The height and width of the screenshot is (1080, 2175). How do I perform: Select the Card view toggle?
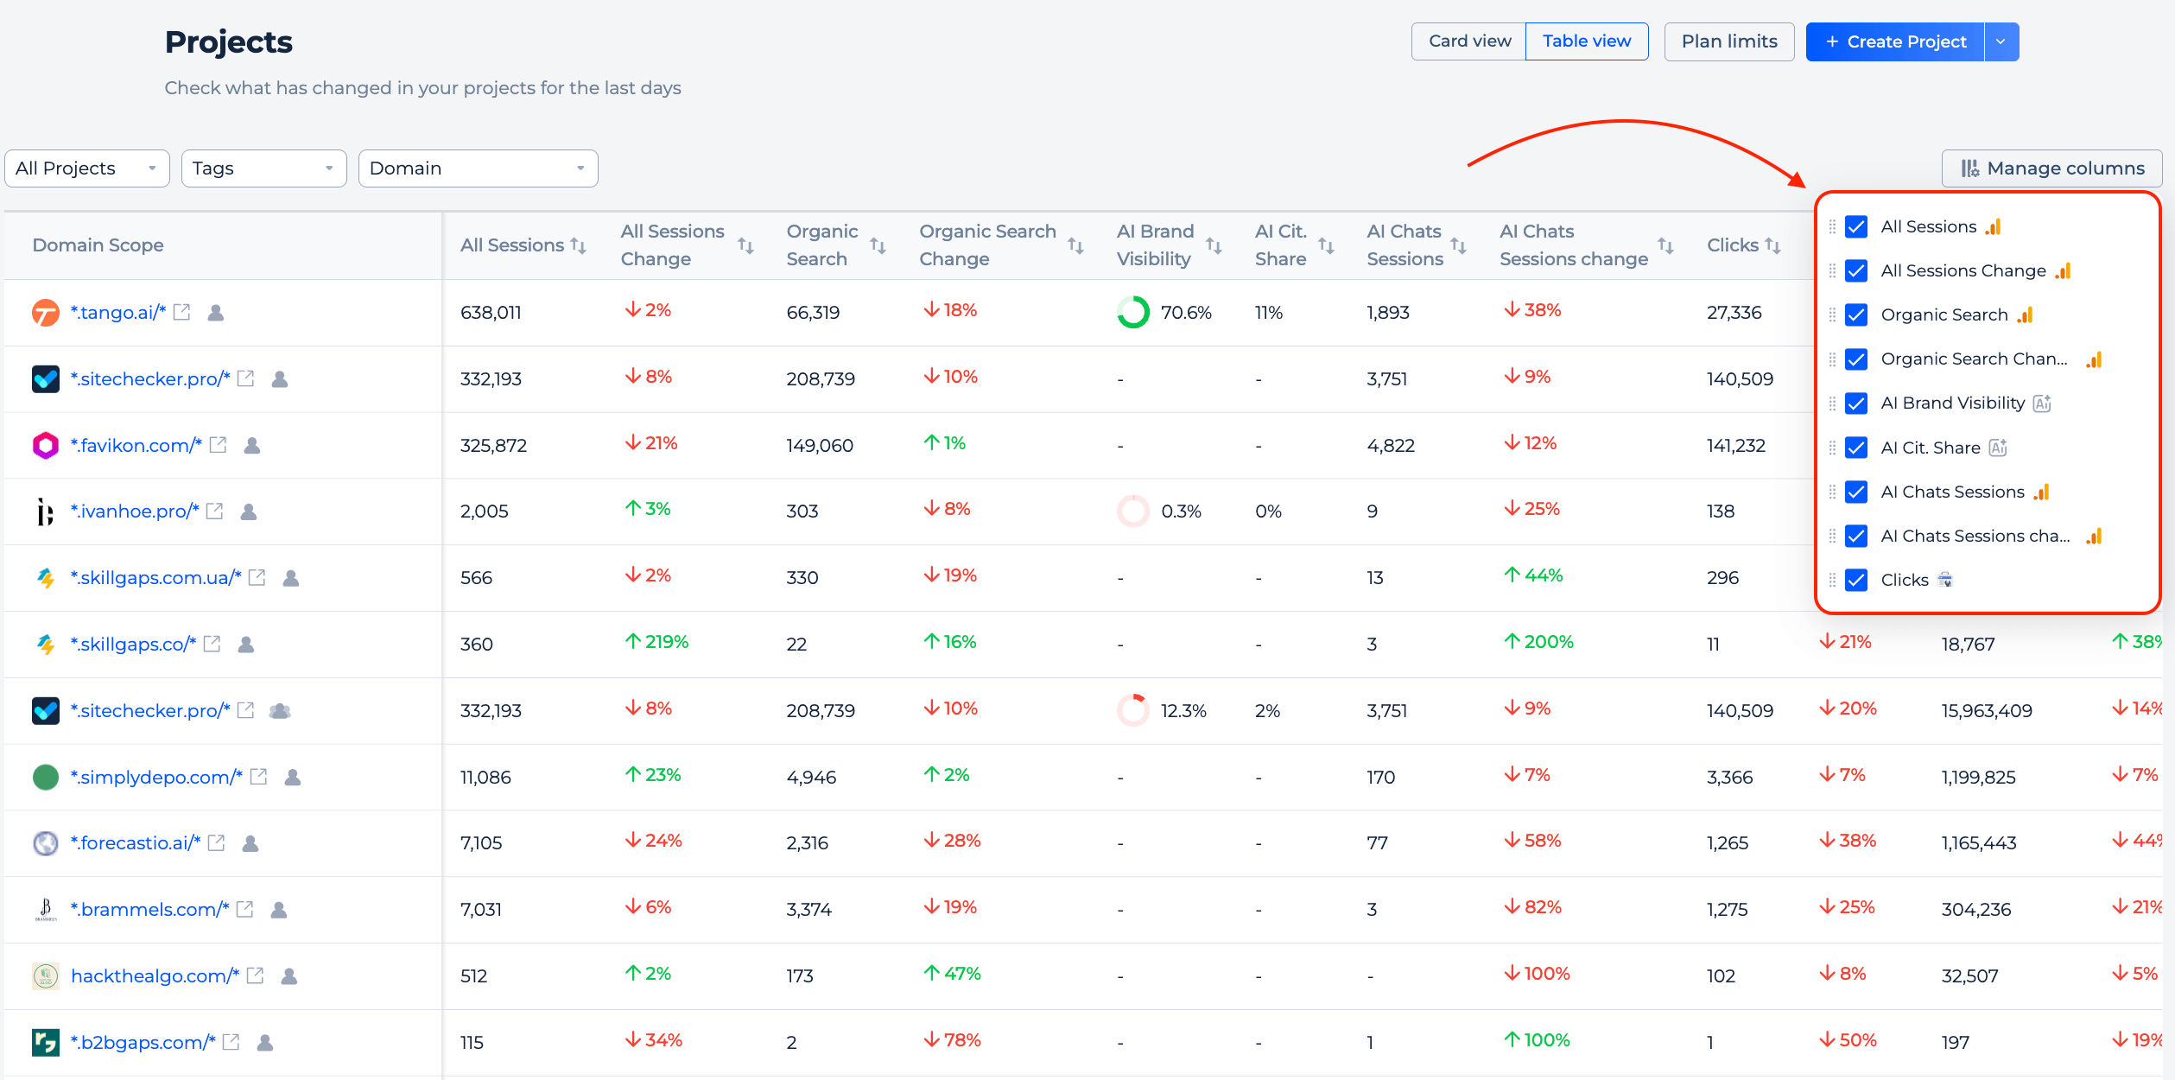[1469, 41]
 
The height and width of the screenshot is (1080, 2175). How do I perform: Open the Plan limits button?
[1729, 41]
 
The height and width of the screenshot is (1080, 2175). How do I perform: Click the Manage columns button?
[2052, 168]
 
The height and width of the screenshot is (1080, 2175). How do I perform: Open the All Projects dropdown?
[87, 168]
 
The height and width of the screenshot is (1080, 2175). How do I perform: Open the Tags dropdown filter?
[264, 168]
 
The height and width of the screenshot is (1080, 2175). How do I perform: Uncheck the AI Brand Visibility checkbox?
[1856, 403]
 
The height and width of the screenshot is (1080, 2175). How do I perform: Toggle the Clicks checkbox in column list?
[1856, 580]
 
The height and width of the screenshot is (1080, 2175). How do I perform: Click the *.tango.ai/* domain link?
[117, 312]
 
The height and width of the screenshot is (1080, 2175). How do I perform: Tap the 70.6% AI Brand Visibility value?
[1186, 313]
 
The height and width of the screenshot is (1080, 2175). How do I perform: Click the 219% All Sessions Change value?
[656, 642]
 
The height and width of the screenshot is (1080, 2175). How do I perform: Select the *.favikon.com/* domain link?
[136, 445]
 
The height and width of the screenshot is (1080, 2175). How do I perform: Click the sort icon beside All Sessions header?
[579, 246]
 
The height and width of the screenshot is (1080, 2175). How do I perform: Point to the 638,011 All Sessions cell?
[491, 313]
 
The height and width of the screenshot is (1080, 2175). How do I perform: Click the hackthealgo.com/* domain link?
[155, 975]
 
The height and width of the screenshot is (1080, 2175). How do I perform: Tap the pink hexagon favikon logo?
[46, 445]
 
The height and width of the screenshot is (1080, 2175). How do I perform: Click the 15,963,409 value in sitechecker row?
[1987, 711]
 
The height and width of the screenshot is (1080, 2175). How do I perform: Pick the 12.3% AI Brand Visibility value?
[1183, 711]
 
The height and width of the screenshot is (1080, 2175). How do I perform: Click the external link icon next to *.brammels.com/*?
[245, 909]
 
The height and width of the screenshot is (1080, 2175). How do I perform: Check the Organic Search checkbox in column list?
[1856, 315]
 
